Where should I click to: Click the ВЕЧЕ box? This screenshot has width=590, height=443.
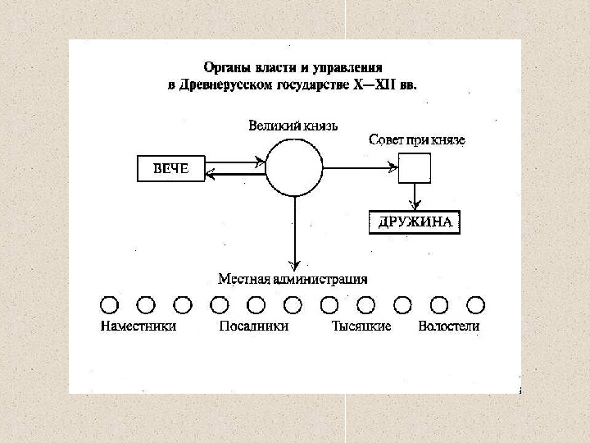pos(171,169)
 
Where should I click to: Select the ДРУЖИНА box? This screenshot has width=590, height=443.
pos(415,222)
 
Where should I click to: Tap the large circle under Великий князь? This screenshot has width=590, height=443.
pos(293,167)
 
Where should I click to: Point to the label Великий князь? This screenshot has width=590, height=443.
pos(293,126)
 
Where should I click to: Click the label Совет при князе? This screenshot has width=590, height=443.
pos(417,140)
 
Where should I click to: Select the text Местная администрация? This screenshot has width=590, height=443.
pos(293,279)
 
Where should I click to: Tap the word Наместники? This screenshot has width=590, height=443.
pos(138,327)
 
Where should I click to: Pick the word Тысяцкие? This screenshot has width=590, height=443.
pos(361,327)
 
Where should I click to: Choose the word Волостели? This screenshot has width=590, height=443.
pos(448,327)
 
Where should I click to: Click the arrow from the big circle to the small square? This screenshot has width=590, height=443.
pos(361,168)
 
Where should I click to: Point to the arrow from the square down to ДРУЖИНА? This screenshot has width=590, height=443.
pos(415,195)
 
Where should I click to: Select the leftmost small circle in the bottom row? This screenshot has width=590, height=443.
pos(109,305)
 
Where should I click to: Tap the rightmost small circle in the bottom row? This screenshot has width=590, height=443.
pos(476,305)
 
